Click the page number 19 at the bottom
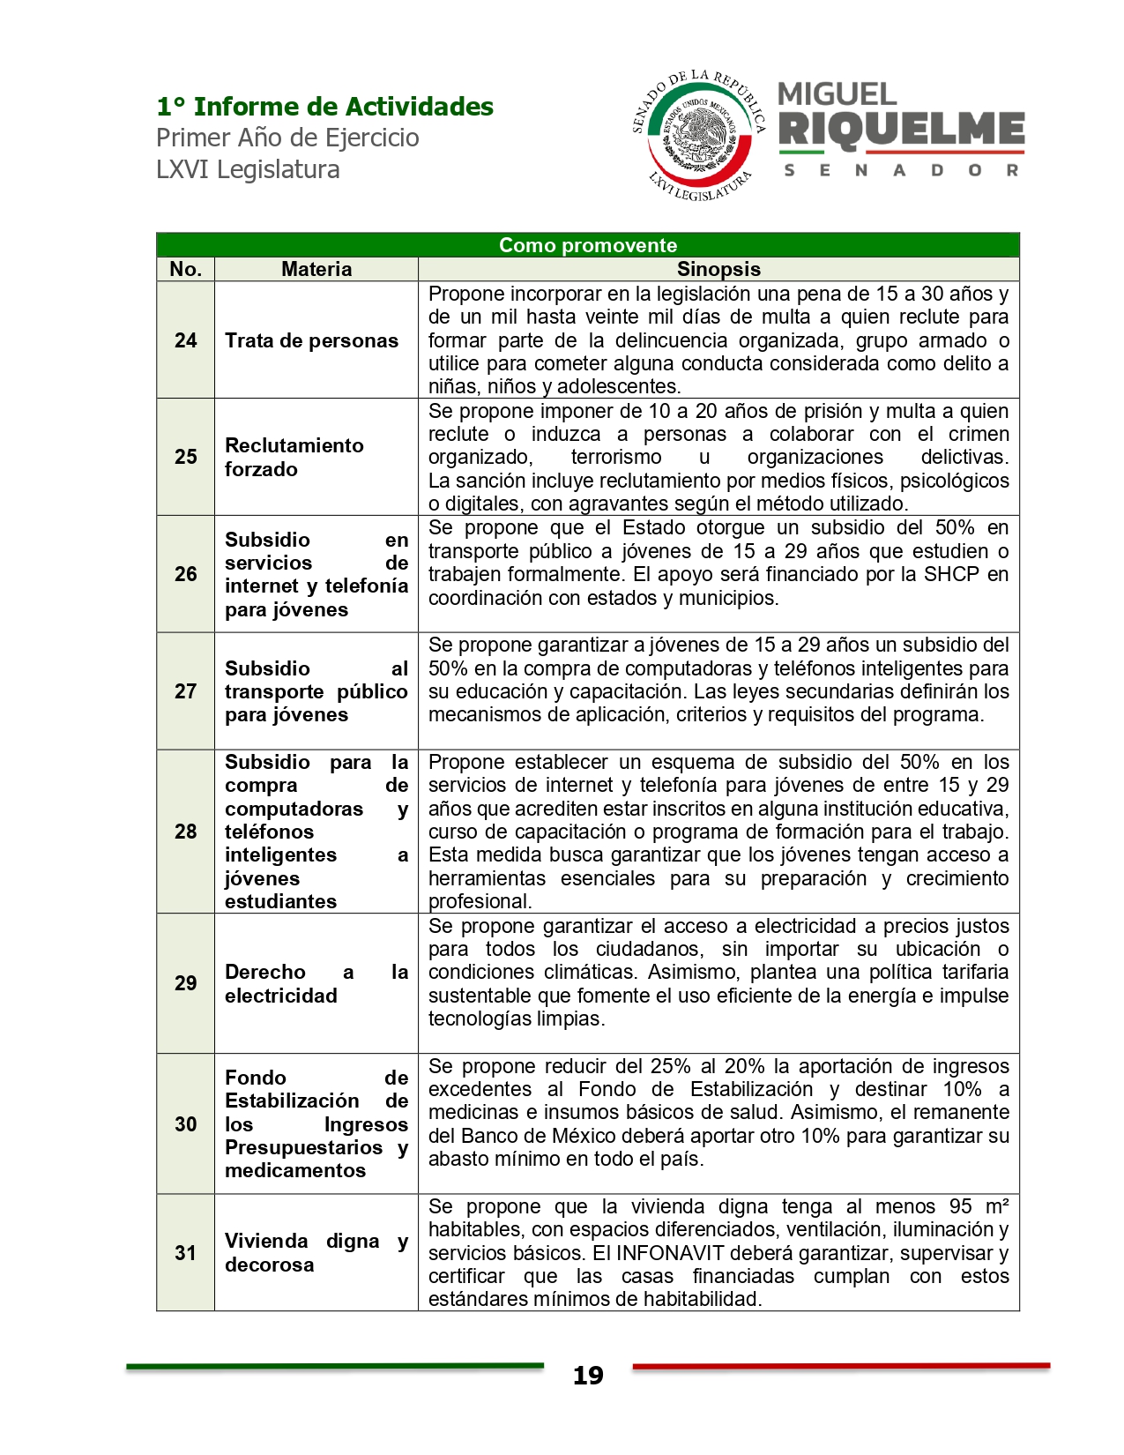(588, 1376)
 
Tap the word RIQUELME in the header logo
(901, 129)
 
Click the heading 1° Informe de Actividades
(324, 107)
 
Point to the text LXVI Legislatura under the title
(248, 169)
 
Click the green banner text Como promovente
(588, 245)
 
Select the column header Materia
(316, 269)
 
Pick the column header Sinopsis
(718, 269)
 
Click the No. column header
(185, 269)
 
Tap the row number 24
(185, 340)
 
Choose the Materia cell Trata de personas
(311, 340)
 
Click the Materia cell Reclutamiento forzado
(294, 457)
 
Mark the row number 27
(185, 691)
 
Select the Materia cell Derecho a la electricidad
(316, 983)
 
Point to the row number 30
(185, 1124)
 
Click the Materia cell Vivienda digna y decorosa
(316, 1252)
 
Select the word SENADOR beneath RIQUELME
(901, 170)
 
